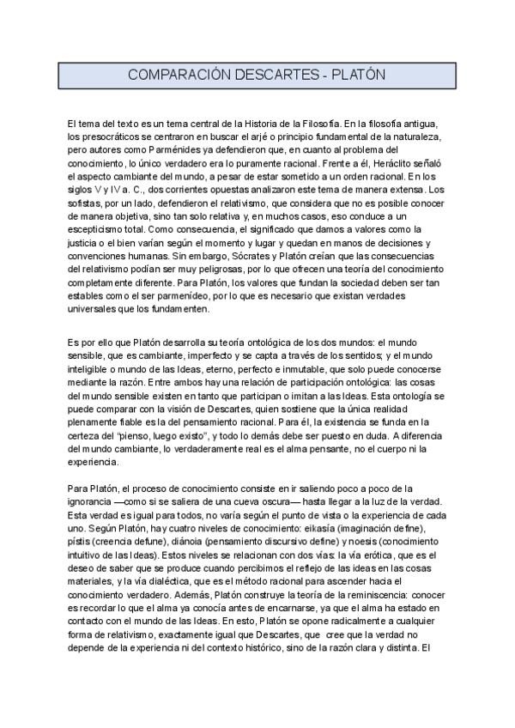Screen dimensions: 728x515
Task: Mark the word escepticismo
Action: point(96,230)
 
